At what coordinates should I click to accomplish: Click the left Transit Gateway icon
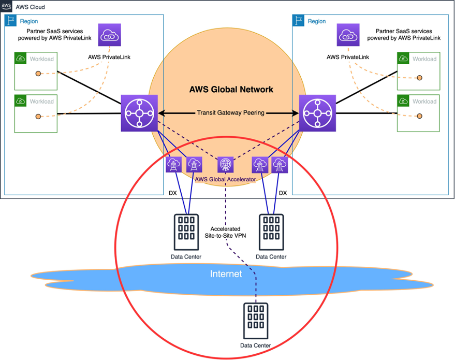[139, 112]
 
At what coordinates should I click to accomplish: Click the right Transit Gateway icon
[317, 112]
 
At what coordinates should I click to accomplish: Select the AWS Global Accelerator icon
[225, 164]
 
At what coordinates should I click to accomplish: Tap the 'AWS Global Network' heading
[231, 90]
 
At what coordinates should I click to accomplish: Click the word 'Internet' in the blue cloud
[226, 274]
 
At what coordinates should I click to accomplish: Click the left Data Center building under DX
[186, 231]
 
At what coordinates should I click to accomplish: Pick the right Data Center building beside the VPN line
[270, 231]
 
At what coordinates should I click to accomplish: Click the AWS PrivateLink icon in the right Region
[347, 35]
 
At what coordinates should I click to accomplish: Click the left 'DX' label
[173, 193]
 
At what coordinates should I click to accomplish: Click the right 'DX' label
[283, 193]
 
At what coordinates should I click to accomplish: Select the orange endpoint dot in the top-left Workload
[38, 74]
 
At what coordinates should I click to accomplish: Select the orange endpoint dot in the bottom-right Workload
[419, 116]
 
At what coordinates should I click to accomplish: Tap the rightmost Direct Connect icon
[280, 165]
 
